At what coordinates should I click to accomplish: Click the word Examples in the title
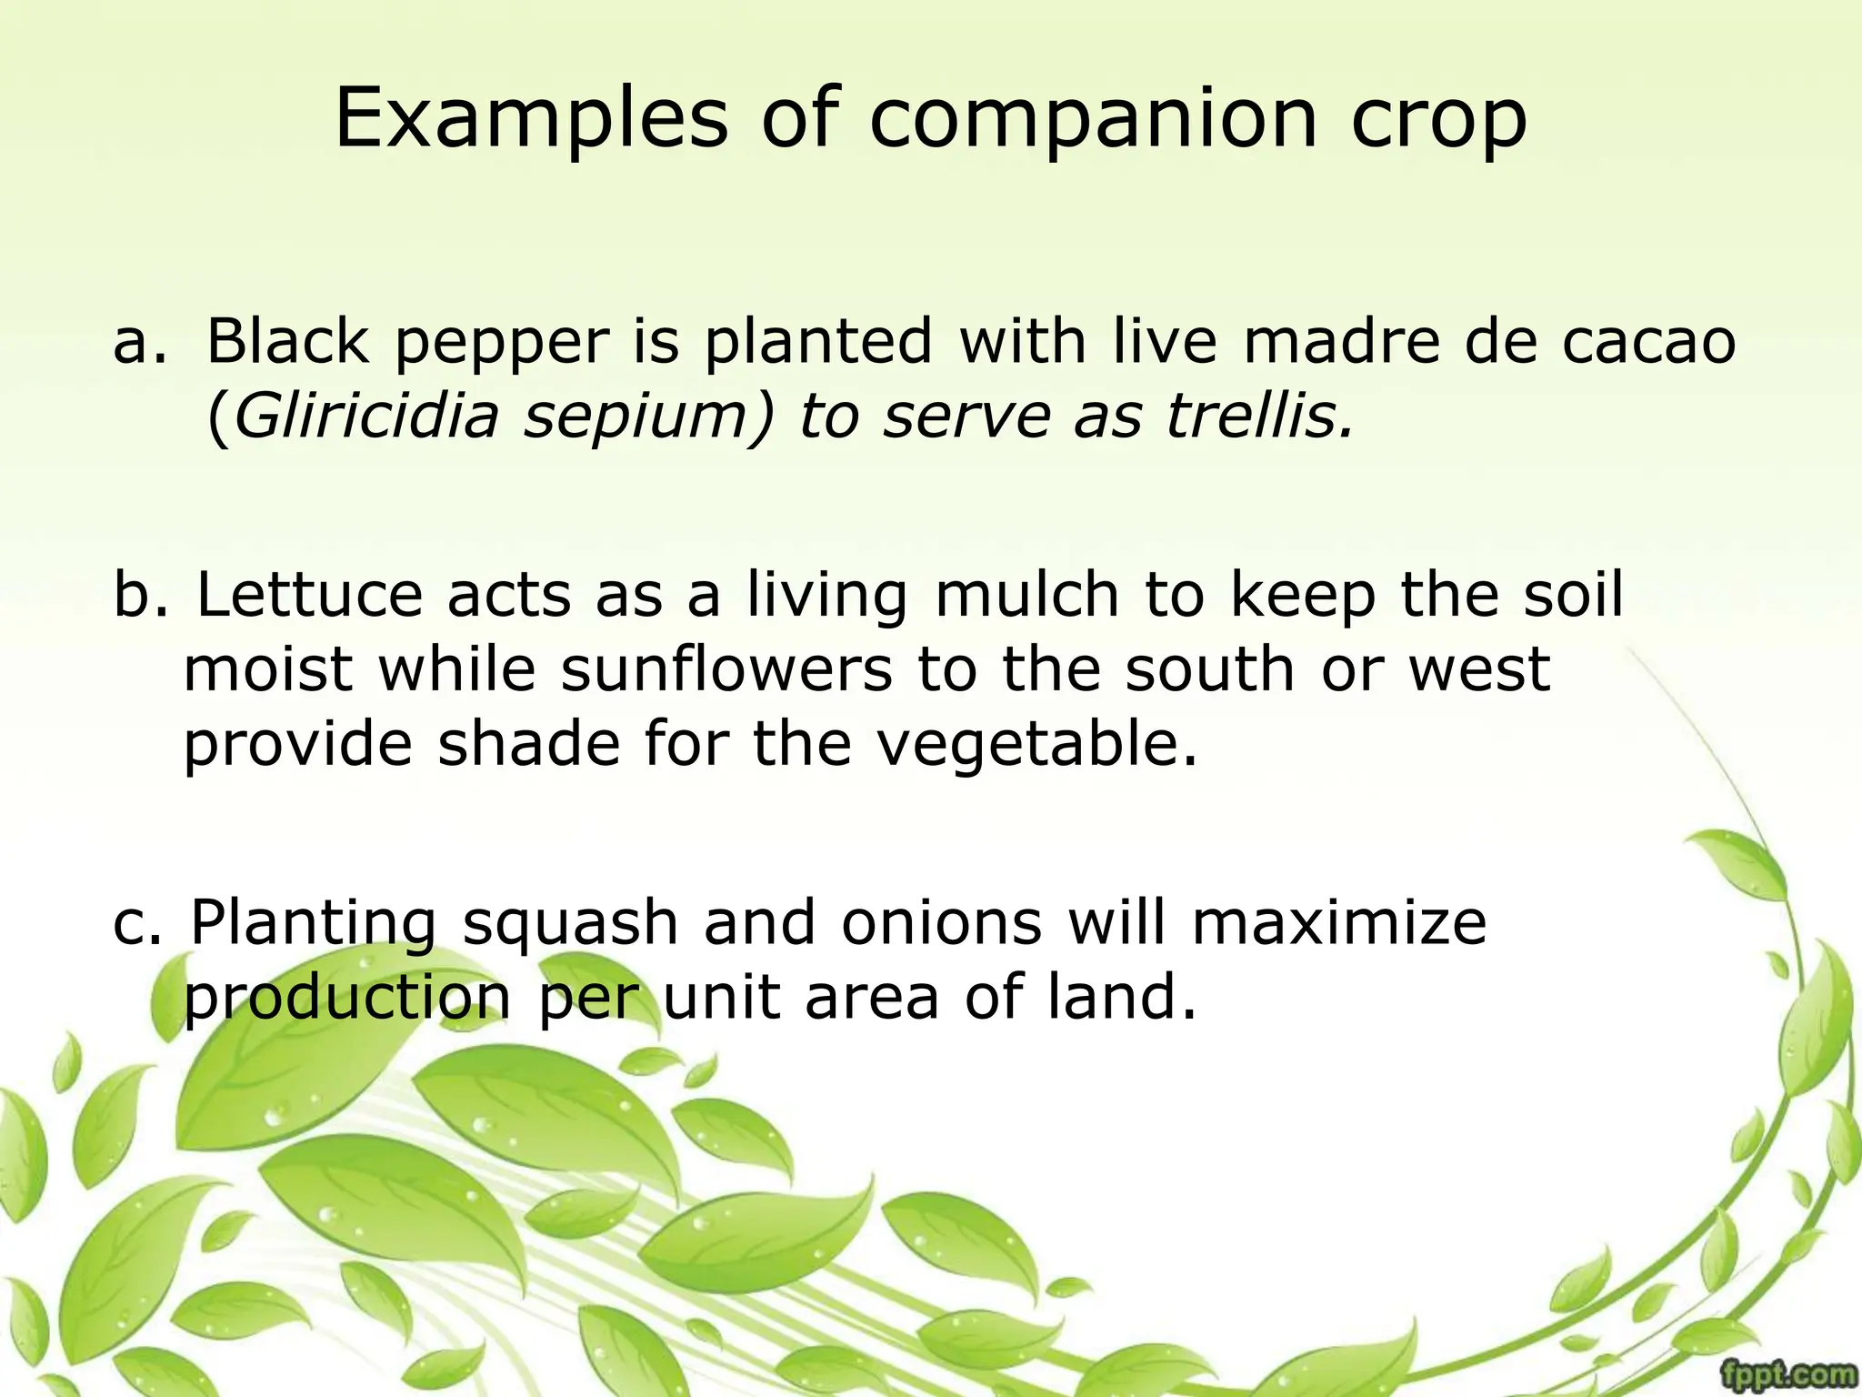point(531,120)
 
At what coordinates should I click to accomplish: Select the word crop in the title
point(1437,120)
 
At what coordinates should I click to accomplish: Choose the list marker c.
point(137,923)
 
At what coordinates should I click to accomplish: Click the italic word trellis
point(1259,417)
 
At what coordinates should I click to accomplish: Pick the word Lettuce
point(309,595)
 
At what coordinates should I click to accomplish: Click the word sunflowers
point(726,670)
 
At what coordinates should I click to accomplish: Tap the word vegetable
point(1037,746)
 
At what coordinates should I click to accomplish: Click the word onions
point(941,923)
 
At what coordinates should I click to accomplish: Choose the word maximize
point(1338,923)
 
